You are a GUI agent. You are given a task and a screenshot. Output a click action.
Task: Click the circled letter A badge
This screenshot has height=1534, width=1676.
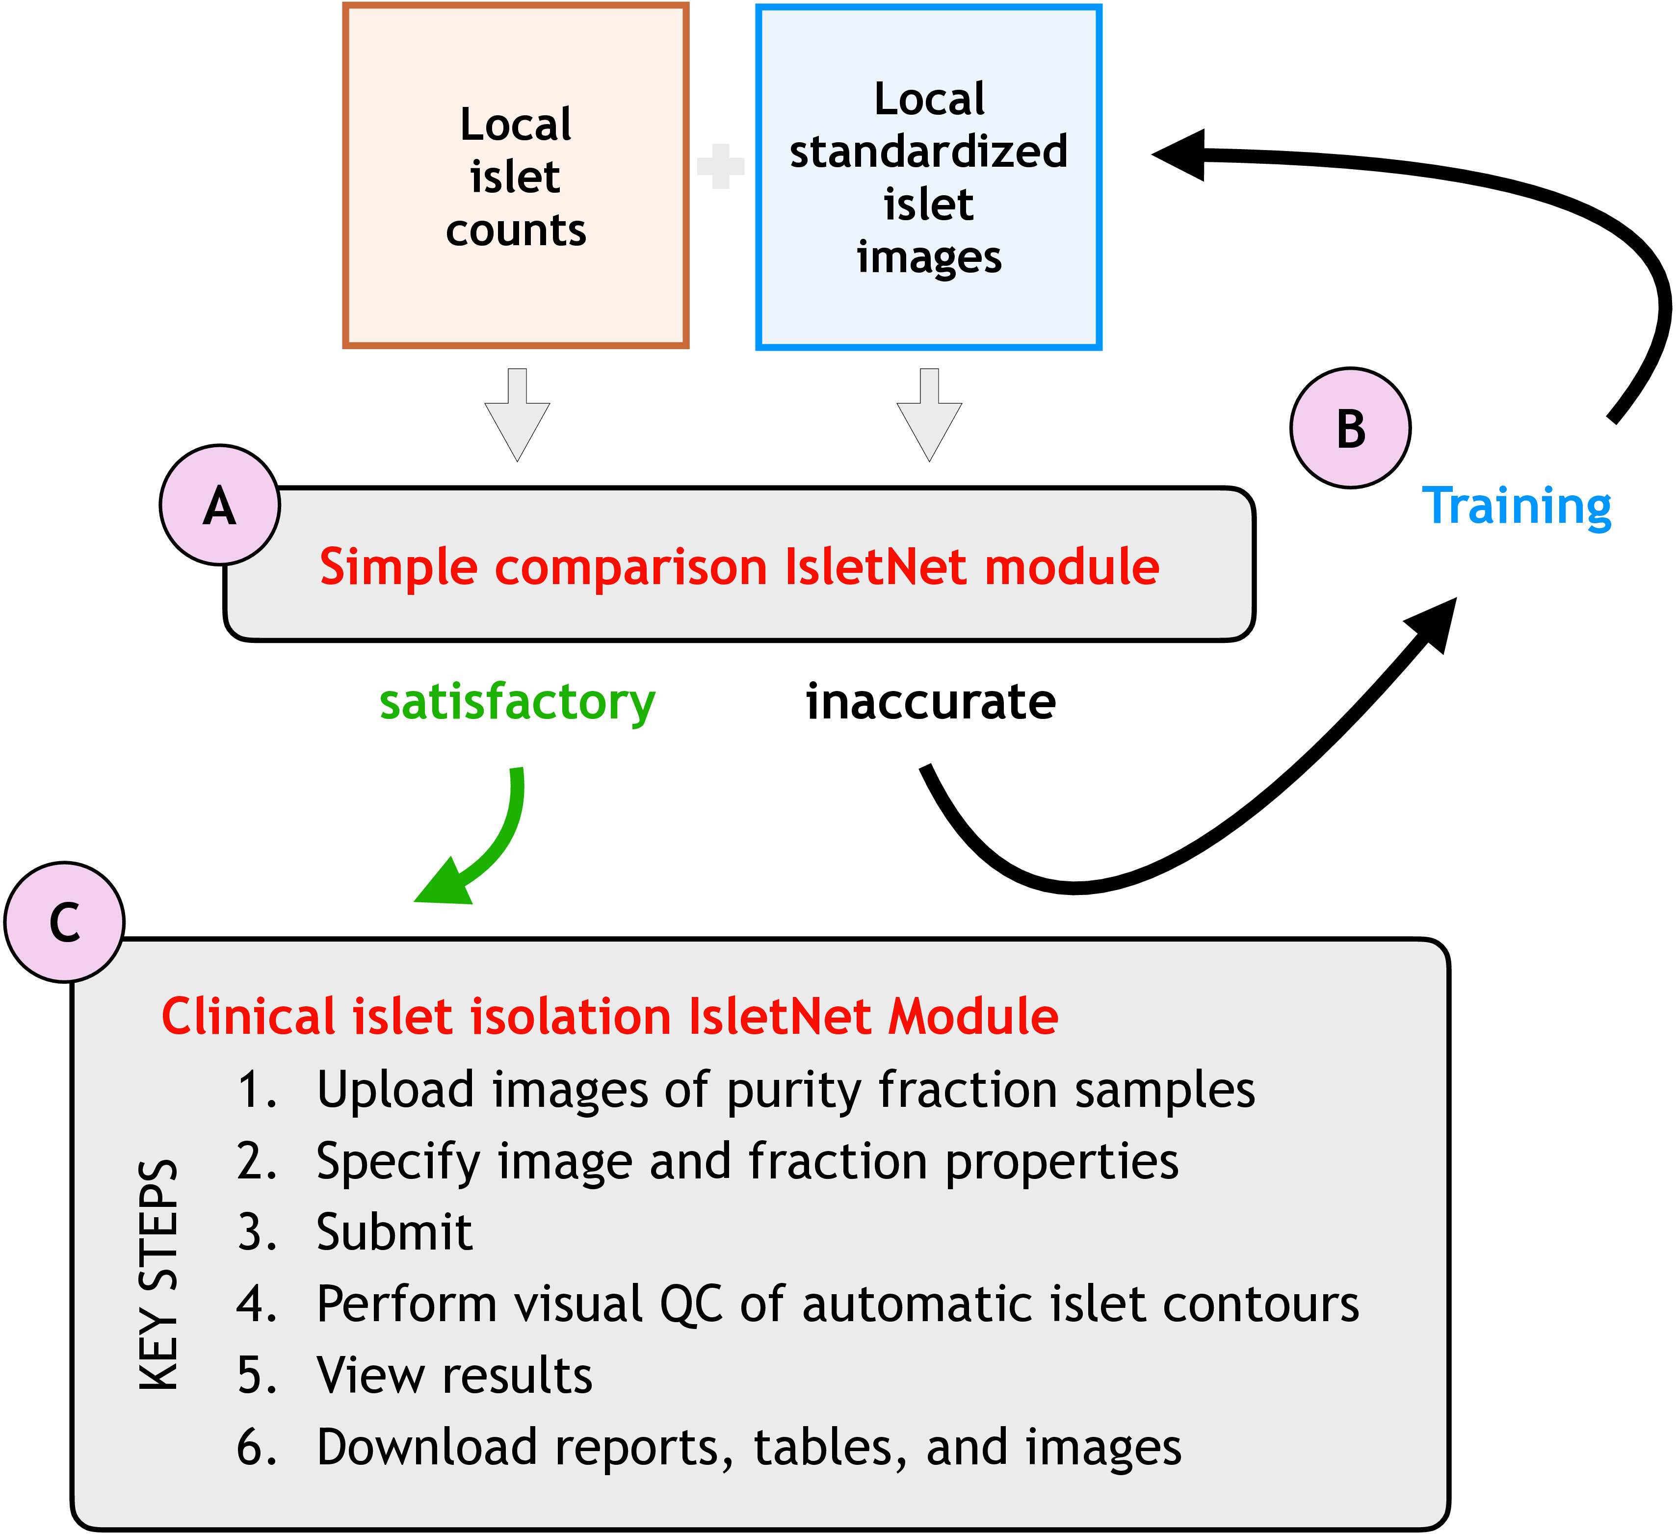(x=219, y=505)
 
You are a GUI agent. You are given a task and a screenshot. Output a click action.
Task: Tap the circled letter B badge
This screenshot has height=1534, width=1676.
(x=1350, y=428)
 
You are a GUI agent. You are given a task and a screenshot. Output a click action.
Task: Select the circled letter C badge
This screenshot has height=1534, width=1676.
(x=65, y=922)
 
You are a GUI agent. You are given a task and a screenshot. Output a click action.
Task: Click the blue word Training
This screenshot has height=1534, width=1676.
(x=1517, y=507)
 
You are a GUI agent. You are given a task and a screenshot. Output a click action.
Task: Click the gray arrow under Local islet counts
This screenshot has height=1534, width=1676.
(x=517, y=415)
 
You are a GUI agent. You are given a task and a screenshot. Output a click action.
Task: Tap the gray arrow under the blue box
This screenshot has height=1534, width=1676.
(x=929, y=415)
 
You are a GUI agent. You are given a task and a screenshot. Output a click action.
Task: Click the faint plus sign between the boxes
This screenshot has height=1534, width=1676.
(x=721, y=166)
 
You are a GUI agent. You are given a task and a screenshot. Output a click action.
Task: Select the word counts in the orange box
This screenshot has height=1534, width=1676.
(x=516, y=230)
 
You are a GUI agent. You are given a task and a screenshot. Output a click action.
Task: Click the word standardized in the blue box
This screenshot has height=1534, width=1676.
(x=929, y=151)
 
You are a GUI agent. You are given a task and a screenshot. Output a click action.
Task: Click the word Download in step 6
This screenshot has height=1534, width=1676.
(x=427, y=1447)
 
